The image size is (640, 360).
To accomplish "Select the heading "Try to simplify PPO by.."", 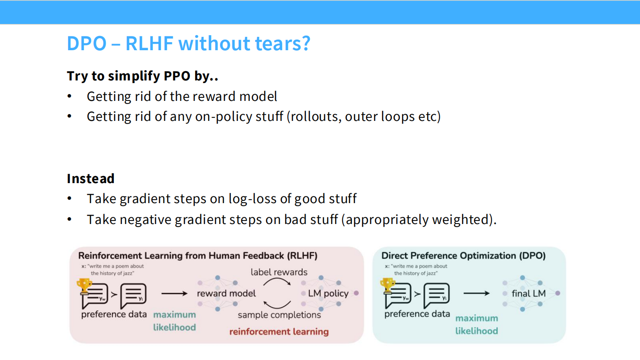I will pyautogui.click(x=142, y=76).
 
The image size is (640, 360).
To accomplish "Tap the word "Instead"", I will pyautogui.click(x=91, y=178).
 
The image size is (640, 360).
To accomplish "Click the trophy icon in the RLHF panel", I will pyautogui.click(x=84, y=286).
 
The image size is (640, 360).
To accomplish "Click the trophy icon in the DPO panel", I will pyautogui.click(x=388, y=286).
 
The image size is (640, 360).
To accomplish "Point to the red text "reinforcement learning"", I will pyautogui.click(x=279, y=332).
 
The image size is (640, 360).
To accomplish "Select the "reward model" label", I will pyautogui.click(x=226, y=293).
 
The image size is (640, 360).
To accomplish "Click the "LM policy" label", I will pyautogui.click(x=328, y=293).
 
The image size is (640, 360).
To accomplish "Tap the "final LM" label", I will pyautogui.click(x=528, y=293).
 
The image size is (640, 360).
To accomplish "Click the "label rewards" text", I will pyautogui.click(x=279, y=272).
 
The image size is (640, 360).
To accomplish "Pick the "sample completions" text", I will pyautogui.click(x=279, y=315).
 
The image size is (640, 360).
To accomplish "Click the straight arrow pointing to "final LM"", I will pyautogui.click(x=476, y=293).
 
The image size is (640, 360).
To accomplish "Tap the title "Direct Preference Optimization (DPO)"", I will pyautogui.click(x=463, y=256).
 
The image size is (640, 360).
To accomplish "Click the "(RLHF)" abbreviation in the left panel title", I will pyautogui.click(x=302, y=256).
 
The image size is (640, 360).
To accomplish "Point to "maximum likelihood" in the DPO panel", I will pyautogui.click(x=476, y=324).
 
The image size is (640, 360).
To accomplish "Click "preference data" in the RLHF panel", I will pyautogui.click(x=114, y=314).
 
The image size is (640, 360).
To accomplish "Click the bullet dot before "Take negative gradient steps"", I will pyautogui.click(x=69, y=220).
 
